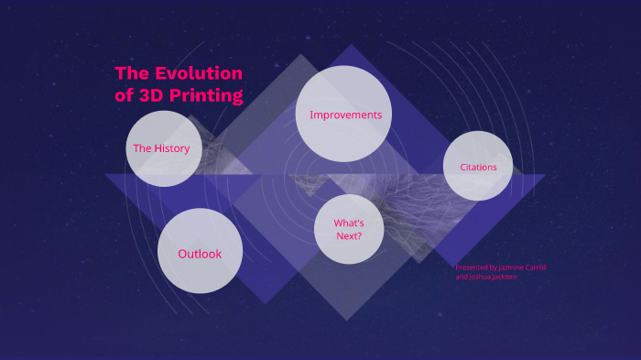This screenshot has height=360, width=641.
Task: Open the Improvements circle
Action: (x=344, y=115)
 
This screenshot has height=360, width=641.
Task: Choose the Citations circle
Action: (x=478, y=167)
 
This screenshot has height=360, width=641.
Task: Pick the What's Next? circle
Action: (x=348, y=229)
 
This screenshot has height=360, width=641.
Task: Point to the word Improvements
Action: (x=345, y=115)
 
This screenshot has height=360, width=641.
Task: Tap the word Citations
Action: (x=478, y=167)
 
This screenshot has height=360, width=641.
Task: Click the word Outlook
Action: (x=200, y=254)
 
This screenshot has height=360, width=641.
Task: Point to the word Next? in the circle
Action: (x=348, y=236)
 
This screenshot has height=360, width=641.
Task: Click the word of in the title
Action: (x=124, y=95)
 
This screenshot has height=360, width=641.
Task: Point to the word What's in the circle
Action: (x=349, y=224)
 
